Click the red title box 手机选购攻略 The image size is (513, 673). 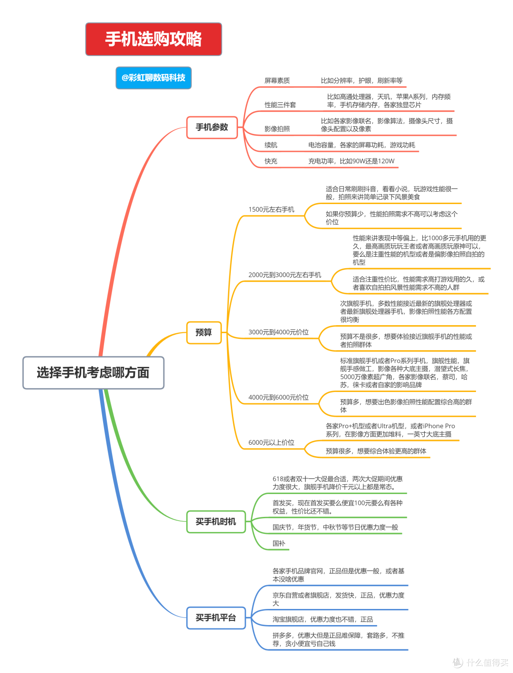tap(153, 39)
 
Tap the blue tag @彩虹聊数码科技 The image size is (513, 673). tap(153, 78)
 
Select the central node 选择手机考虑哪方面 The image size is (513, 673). tap(93, 373)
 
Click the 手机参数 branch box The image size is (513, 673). tap(212, 127)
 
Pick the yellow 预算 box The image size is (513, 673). tap(204, 332)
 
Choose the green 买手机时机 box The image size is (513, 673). tap(216, 522)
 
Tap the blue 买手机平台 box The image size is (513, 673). tap(216, 617)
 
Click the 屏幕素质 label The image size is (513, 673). tap(277, 81)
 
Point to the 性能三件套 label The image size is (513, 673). tap(280, 105)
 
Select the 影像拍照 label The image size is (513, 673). tap(277, 129)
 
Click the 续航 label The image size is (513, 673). tap(271, 145)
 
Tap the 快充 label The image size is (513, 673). tap(271, 161)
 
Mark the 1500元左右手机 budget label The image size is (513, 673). tap(271, 209)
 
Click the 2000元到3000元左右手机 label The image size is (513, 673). tap(285, 275)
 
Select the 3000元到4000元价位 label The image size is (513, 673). tap(278, 332)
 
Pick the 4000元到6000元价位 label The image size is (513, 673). tap(278, 397)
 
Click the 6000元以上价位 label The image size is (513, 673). tap(271, 442)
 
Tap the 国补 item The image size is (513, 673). tap(279, 543)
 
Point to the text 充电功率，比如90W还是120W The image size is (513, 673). tap(351, 161)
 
